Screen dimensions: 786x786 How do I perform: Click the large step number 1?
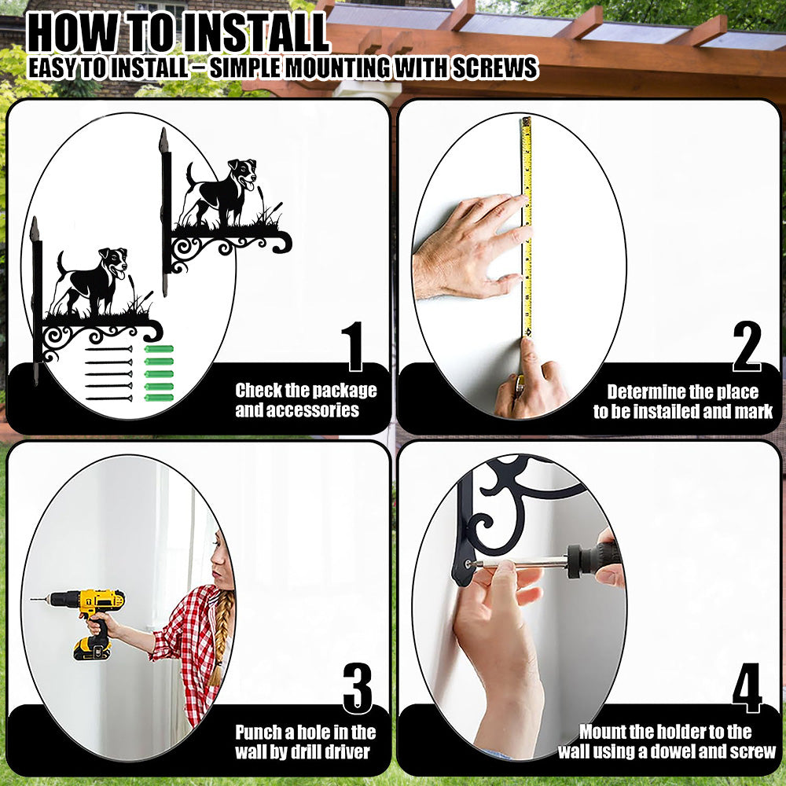coord(353,347)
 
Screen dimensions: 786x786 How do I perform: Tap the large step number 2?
coord(747,347)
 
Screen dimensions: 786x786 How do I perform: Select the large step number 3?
coord(358,688)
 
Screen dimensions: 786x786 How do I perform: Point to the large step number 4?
coord(747,688)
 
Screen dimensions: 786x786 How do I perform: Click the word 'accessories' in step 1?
coord(297,410)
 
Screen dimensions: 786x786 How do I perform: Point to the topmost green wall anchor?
coord(159,349)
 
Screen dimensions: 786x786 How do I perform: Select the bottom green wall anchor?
coord(159,398)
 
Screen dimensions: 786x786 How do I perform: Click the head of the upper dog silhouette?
coord(243,173)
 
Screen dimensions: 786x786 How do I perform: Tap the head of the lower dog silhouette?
coord(114,262)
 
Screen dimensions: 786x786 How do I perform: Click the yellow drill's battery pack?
coord(92,648)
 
